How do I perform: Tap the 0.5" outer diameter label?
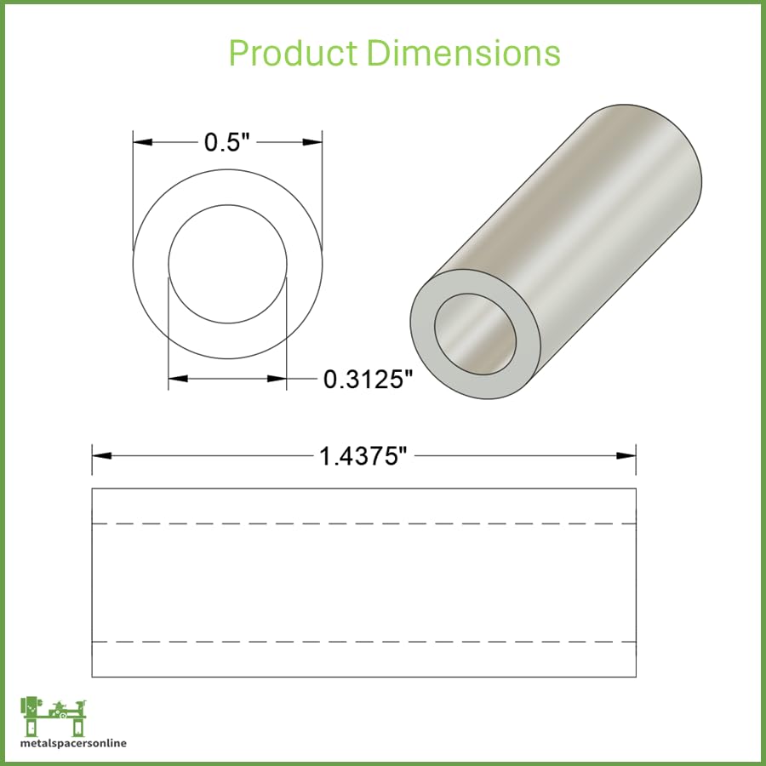(x=226, y=142)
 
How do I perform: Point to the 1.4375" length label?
(x=363, y=456)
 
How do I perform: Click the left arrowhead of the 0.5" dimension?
(x=143, y=142)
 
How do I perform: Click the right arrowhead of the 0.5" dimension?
(x=312, y=142)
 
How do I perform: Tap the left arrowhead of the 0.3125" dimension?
(x=178, y=379)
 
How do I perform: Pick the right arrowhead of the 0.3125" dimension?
(x=277, y=379)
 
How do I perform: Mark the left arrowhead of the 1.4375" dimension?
(x=101, y=456)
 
